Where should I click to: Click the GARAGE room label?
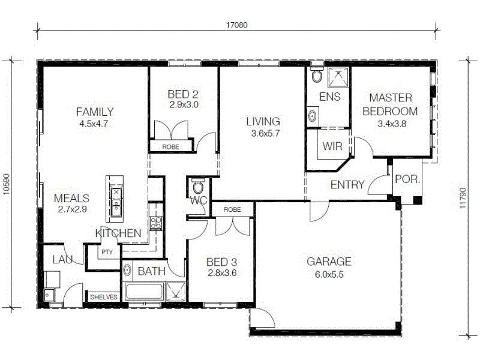click(x=329, y=262)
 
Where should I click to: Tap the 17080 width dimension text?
click(x=237, y=25)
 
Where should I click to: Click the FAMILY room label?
click(x=95, y=112)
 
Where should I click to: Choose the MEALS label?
click(x=71, y=198)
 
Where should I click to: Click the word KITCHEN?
click(x=118, y=233)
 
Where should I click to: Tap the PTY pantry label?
click(x=107, y=252)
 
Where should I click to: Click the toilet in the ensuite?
click(x=316, y=76)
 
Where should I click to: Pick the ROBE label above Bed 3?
click(x=233, y=209)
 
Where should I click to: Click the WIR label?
click(x=332, y=146)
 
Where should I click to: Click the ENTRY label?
click(x=347, y=185)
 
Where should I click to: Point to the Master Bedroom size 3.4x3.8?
click(x=393, y=124)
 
